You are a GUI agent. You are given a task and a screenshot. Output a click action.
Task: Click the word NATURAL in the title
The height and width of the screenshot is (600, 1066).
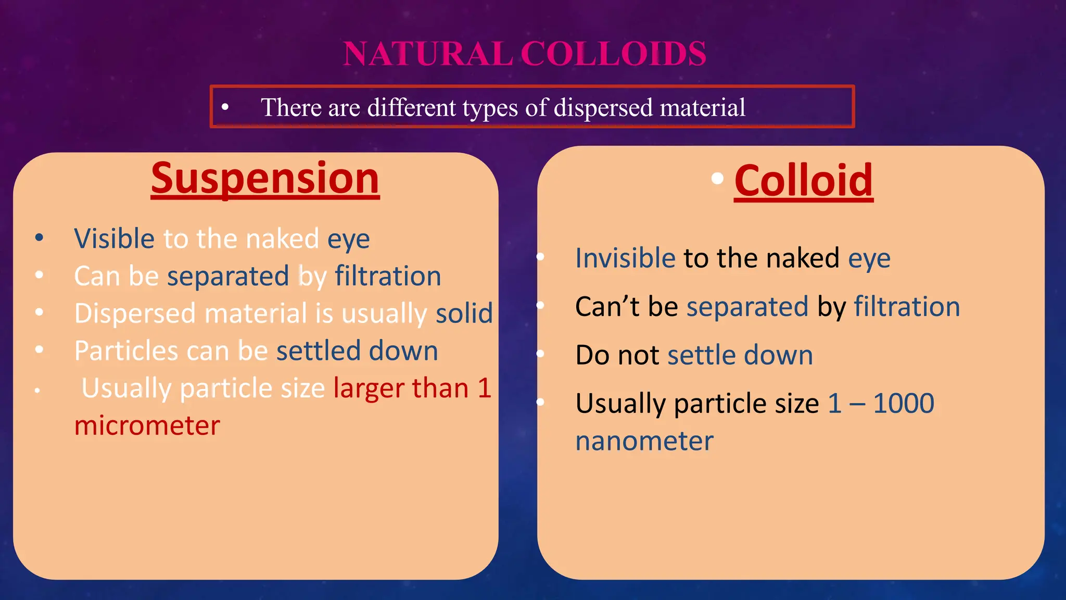[x=428, y=54]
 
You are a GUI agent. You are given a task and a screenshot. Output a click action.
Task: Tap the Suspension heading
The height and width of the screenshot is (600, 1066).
[x=265, y=179]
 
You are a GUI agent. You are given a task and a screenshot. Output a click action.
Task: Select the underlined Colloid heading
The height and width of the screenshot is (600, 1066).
[x=803, y=181]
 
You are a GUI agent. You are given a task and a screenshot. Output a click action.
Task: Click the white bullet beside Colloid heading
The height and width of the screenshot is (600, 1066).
[x=717, y=179]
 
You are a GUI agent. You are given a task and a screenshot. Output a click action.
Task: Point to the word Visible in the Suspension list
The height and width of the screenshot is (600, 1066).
[x=114, y=239]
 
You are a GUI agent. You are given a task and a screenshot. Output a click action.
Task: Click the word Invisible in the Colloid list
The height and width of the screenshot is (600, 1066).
[x=625, y=258]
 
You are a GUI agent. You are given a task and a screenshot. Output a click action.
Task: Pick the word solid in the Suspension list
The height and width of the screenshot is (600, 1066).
[x=464, y=314]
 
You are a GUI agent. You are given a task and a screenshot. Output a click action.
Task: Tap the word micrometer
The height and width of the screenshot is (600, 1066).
[x=147, y=426]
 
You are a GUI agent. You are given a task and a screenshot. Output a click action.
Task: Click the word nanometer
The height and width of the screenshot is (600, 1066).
[x=644, y=441]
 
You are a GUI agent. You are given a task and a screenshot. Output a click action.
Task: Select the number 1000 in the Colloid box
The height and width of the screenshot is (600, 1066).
[x=904, y=404]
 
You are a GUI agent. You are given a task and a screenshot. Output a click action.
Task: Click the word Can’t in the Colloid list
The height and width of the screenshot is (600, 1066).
[x=606, y=307]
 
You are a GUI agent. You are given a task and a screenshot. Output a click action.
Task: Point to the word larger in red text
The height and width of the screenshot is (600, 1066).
[x=368, y=389]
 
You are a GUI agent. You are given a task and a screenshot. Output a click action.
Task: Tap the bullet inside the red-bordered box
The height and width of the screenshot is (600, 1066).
[x=225, y=107]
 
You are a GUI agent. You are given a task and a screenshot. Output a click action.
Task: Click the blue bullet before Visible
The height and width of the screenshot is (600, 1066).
[x=39, y=238]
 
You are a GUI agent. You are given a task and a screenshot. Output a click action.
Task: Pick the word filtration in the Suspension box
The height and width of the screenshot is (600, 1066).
[x=388, y=276]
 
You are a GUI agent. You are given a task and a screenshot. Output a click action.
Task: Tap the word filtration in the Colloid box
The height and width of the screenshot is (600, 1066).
[x=907, y=307]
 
